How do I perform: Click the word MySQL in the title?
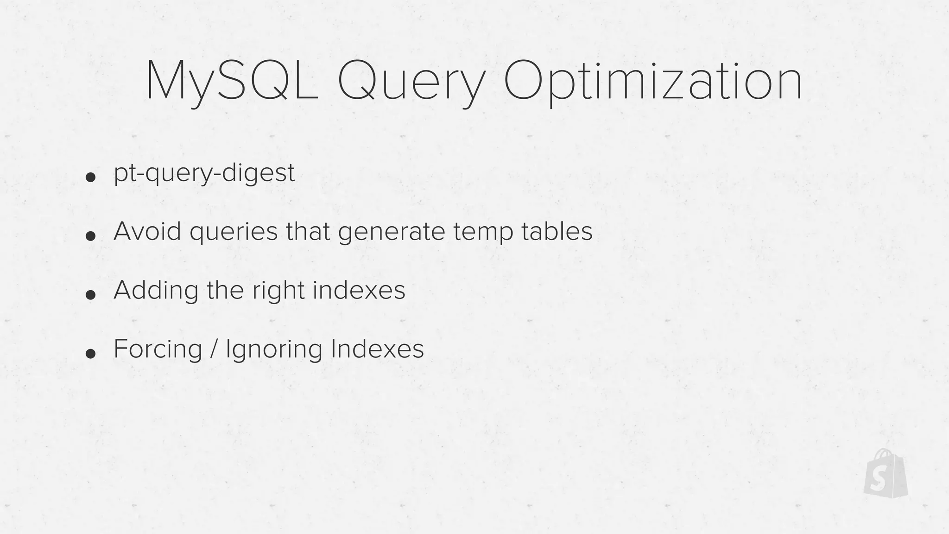232,82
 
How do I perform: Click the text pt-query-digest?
204,173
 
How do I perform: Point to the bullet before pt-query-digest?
91,177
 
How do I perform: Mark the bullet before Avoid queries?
91,236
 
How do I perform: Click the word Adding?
155,291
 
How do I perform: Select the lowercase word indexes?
359,290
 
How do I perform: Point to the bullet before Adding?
91,295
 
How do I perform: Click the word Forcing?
158,349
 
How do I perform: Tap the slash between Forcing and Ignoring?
214,349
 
